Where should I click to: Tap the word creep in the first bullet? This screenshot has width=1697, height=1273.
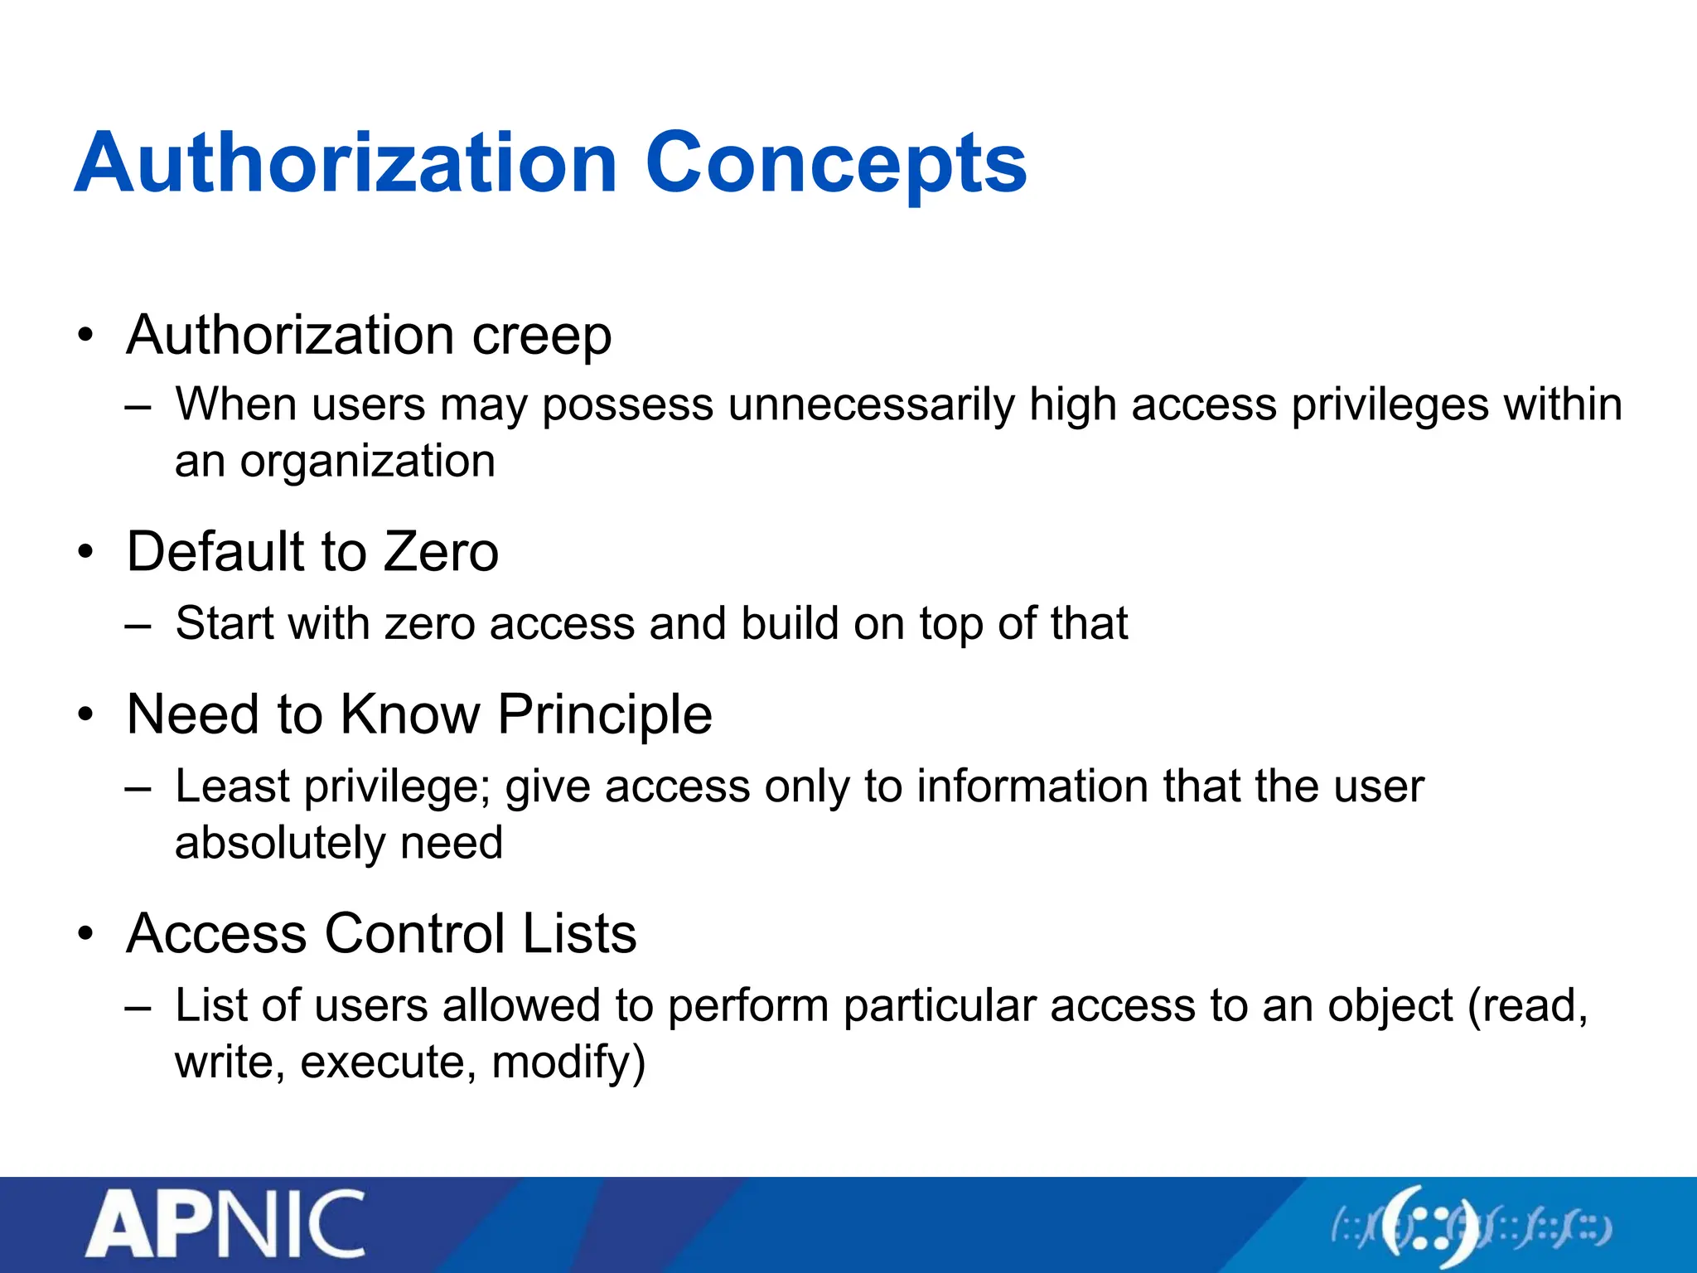click(x=542, y=336)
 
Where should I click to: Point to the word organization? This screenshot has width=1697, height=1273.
click(x=368, y=462)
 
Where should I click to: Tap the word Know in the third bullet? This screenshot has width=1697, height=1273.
click(x=410, y=714)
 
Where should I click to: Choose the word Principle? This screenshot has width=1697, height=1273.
click(x=605, y=714)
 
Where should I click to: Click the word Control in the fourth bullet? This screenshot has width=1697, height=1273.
click(x=414, y=934)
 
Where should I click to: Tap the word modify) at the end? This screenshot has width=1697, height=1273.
click(x=568, y=1063)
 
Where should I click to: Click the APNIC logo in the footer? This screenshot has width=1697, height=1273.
click(x=225, y=1224)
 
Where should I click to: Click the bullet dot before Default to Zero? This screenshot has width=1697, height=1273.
click(x=85, y=552)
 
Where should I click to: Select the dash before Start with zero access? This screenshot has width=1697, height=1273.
click(x=138, y=626)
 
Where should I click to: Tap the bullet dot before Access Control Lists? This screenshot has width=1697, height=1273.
click(x=85, y=934)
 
